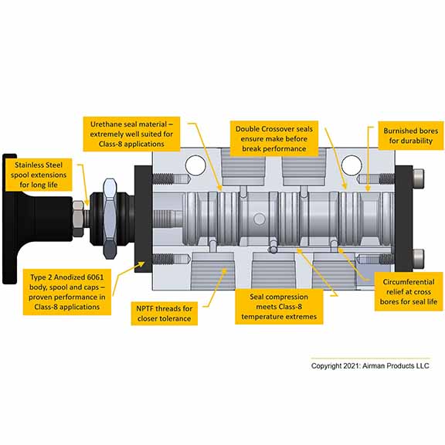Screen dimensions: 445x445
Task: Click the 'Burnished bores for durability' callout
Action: pos(411,136)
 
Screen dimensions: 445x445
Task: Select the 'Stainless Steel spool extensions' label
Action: pos(39,175)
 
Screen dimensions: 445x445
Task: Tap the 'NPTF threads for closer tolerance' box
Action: pos(164,314)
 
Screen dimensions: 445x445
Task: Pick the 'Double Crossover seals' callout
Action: pos(273,139)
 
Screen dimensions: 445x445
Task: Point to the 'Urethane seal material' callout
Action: pos(131,134)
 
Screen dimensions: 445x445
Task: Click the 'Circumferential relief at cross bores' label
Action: pos(409,291)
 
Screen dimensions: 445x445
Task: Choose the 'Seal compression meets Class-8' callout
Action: pos(279,307)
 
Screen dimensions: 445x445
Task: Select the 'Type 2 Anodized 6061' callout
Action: pos(67,292)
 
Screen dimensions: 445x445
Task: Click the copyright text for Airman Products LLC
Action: pos(370,366)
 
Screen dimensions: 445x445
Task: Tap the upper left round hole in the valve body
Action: pos(195,165)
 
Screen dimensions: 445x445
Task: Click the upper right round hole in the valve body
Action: pos(352,165)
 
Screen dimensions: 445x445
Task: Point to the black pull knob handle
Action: pos(37,219)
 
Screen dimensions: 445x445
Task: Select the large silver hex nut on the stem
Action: pos(110,219)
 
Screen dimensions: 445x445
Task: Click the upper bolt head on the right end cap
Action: pos(419,179)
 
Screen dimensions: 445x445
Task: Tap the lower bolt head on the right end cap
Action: pos(419,259)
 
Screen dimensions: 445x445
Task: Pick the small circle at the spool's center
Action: pos(259,219)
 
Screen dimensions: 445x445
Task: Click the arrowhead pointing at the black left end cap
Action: pos(141,265)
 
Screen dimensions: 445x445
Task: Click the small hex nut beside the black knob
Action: pos(78,219)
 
